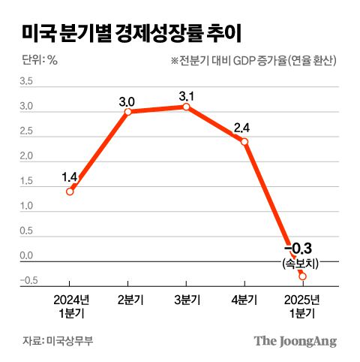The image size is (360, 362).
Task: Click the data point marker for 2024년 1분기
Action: tap(70, 191)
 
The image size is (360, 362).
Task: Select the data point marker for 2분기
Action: tap(127, 112)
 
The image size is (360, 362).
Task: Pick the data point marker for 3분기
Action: tap(186, 107)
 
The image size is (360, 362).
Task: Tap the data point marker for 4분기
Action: tap(244, 141)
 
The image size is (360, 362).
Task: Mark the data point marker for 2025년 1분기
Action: tap(302, 276)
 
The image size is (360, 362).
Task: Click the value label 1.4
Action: tap(70, 177)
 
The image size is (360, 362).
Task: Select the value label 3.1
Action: tap(186, 95)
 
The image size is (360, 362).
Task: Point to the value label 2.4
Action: tap(242, 127)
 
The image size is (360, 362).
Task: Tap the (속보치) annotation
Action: tap(299, 264)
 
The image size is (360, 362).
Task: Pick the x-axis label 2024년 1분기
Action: tap(69, 306)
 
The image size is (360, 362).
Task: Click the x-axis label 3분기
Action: tap(186, 300)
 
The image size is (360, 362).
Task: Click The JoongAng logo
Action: tap(295, 340)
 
